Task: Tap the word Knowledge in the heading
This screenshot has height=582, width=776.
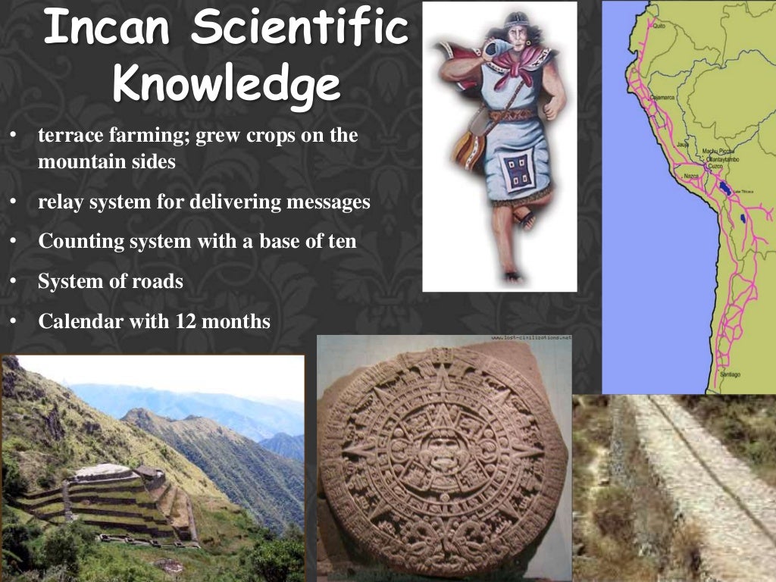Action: pos(226,86)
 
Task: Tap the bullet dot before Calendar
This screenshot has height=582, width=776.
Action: pos(13,321)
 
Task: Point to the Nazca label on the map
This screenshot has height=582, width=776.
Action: pos(690,176)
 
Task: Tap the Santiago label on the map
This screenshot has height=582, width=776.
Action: pos(731,374)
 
